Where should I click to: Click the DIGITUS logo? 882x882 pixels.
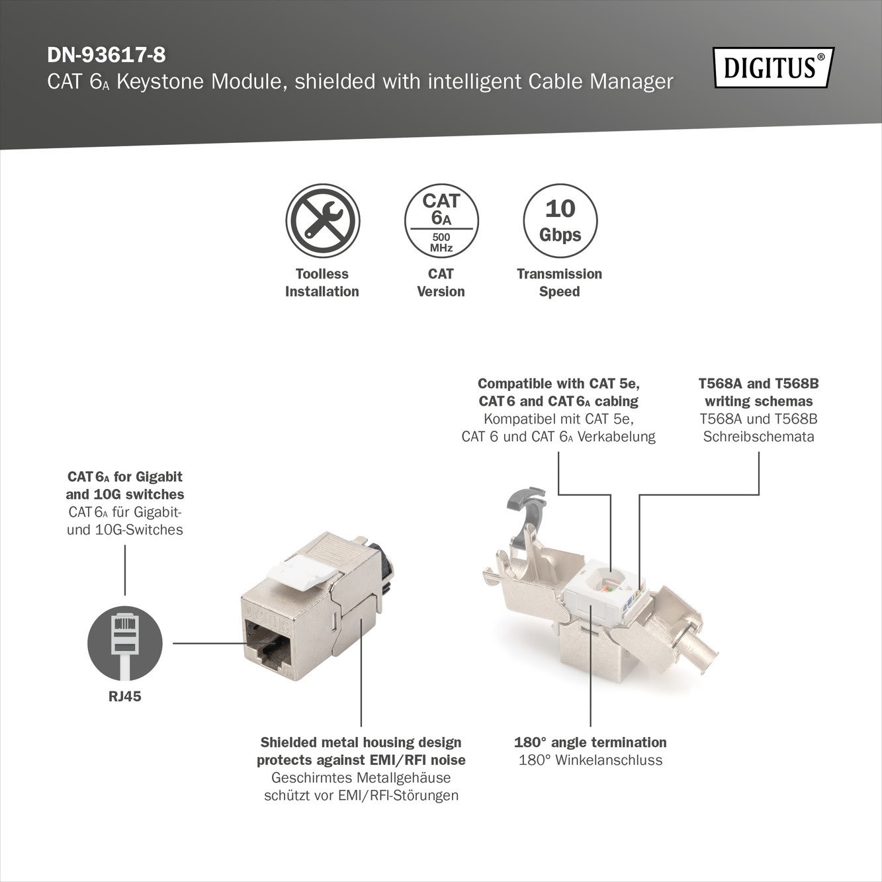[x=773, y=67]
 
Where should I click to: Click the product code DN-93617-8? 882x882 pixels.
[x=106, y=56]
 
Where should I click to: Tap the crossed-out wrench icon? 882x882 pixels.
[x=323, y=221]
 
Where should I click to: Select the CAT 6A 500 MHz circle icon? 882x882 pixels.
[x=441, y=221]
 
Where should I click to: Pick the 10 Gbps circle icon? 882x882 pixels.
[x=560, y=221]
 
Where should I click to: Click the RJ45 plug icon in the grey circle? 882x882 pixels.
[x=124, y=644]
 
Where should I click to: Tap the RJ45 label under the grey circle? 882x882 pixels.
[x=124, y=697]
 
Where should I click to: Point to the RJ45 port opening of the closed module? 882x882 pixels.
[x=268, y=643]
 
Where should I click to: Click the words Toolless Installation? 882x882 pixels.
[x=322, y=283]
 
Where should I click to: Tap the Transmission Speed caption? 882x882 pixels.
[x=559, y=283]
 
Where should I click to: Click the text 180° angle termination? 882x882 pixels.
[x=590, y=742]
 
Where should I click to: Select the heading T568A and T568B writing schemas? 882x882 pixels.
[x=759, y=392]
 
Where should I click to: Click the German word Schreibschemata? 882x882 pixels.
[x=759, y=436]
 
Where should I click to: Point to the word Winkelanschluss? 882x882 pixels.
[x=609, y=760]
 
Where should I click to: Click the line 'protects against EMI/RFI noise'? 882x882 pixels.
[x=361, y=760]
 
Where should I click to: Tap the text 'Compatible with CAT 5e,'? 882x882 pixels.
[x=558, y=383]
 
